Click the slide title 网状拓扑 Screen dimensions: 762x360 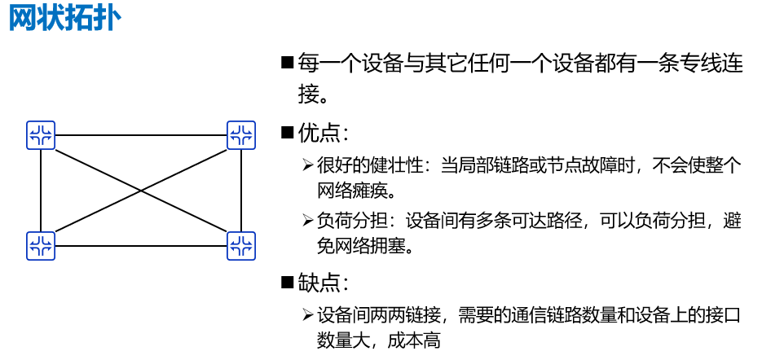(65, 19)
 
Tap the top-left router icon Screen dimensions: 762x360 (41, 135)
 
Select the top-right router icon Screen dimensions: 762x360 (241, 135)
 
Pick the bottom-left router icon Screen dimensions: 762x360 (41, 245)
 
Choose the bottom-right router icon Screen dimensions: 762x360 (241, 245)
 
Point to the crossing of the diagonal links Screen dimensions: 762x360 (141, 191)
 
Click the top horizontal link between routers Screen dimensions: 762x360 (141, 135)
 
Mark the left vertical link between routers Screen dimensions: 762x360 (41, 191)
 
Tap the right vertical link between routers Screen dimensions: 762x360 (241, 191)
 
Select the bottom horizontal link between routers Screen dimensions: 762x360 (141, 245)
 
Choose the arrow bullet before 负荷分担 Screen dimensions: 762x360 (307, 221)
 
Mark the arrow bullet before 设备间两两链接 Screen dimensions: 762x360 (307, 314)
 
